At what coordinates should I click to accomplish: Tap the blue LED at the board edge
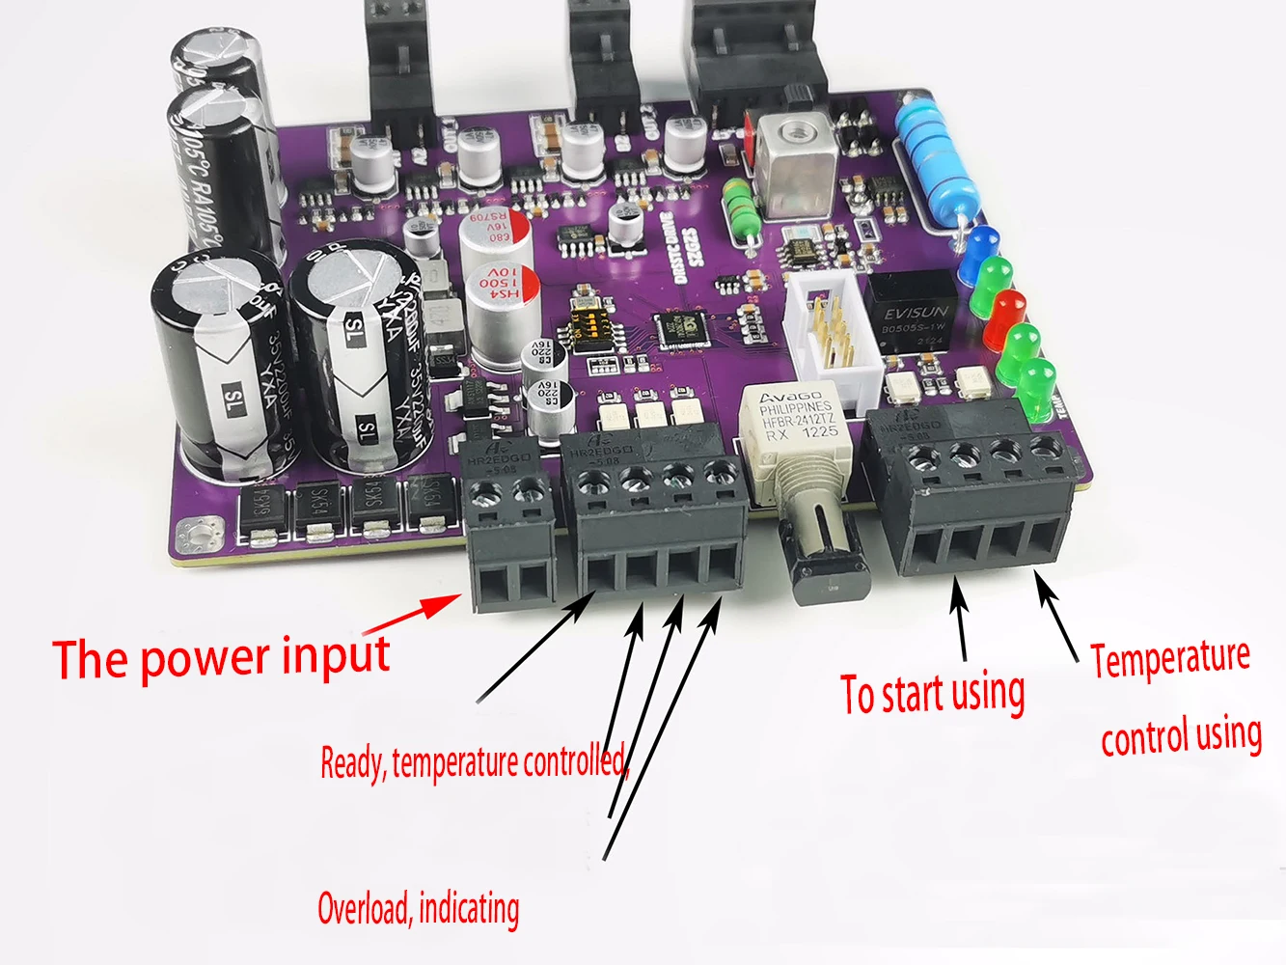tap(982, 243)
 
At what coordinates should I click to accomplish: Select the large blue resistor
tap(931, 159)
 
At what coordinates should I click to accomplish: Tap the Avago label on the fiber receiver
tap(790, 397)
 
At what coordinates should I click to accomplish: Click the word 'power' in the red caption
tap(204, 660)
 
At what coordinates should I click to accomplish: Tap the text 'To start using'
tap(932, 694)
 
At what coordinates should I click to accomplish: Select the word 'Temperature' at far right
tap(1170, 659)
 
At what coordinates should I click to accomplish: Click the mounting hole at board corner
tap(203, 533)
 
